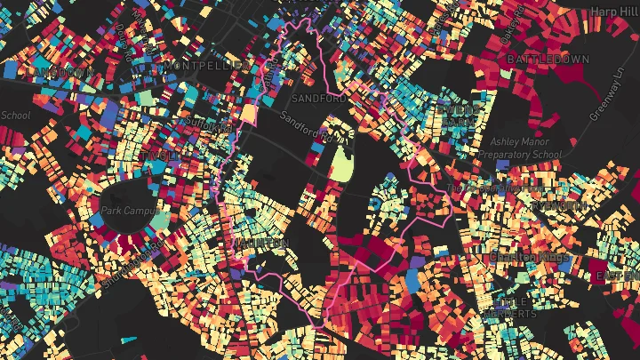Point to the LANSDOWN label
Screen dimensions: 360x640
click(60, 71)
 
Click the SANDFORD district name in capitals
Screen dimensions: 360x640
click(317, 99)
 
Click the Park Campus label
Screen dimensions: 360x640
click(123, 212)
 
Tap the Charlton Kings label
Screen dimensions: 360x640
click(527, 258)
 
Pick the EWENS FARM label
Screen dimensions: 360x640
click(458, 114)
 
